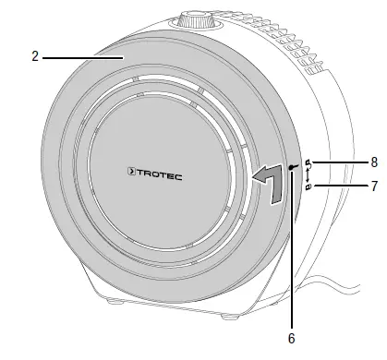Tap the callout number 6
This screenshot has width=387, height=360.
[292, 338]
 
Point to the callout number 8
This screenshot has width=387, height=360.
[373, 162]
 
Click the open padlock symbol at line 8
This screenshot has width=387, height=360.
[308, 163]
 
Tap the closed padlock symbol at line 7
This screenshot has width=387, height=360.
[308, 187]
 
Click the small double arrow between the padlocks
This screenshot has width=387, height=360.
[308, 175]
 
